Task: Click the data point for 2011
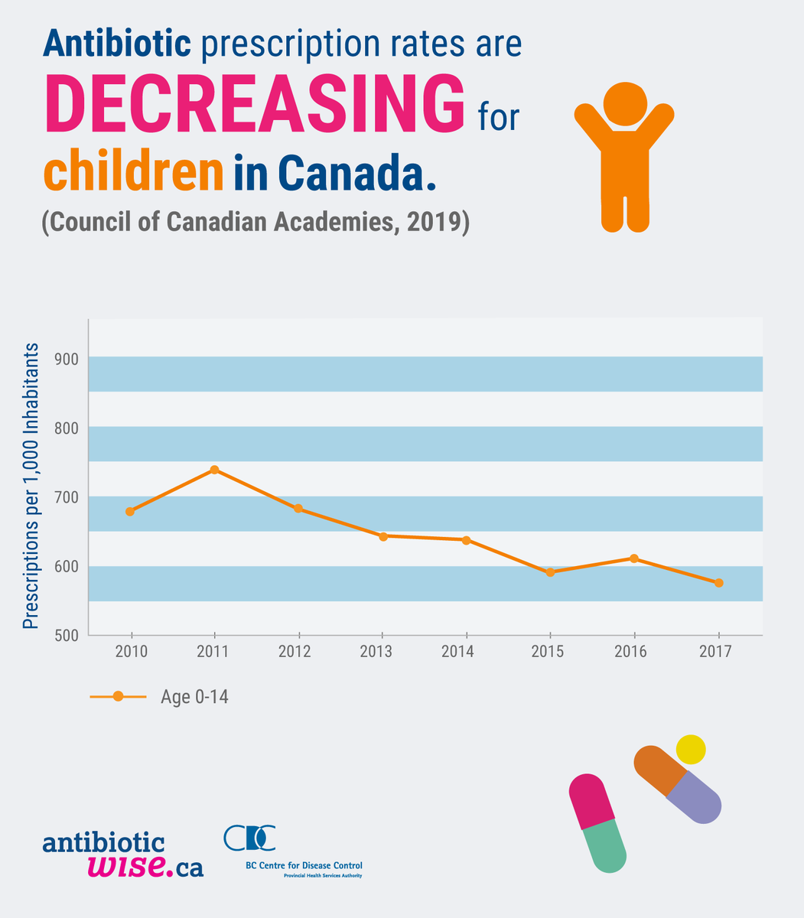[x=214, y=470]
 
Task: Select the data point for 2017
[x=719, y=583]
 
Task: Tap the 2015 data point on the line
[x=550, y=572]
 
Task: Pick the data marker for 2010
[x=130, y=511]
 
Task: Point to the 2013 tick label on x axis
[x=382, y=652]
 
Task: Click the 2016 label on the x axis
[x=633, y=652]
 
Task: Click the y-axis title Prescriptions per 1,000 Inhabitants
[x=31, y=487]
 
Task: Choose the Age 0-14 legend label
[x=194, y=697]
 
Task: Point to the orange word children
[x=133, y=174]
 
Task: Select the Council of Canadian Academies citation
[x=254, y=222]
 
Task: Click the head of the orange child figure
[x=625, y=105]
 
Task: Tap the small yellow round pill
[x=691, y=749]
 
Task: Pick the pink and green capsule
[x=598, y=822]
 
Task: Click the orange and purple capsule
[x=678, y=784]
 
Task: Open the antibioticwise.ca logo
[x=123, y=855]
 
